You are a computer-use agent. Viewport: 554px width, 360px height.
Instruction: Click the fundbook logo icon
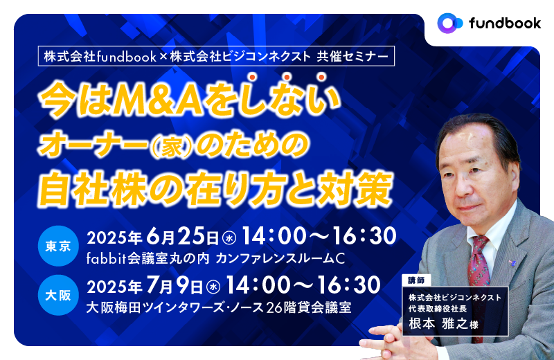coord(450,23)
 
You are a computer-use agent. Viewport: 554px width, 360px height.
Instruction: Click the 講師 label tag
coord(416,280)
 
